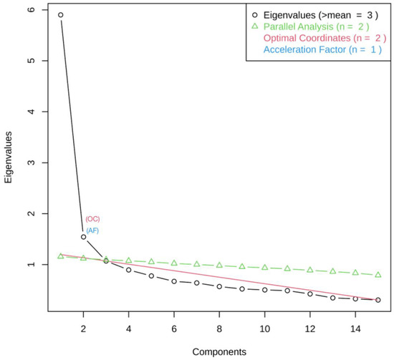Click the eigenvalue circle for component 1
61,15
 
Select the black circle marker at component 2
84,237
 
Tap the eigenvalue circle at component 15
378,300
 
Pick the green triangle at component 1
61,256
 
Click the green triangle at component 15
378,275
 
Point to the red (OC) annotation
93,219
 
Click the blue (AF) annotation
93,230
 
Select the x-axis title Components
219,351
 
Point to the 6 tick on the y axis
28,10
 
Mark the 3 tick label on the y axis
28,163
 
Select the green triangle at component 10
265,267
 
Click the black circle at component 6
174,281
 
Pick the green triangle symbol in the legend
254,26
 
